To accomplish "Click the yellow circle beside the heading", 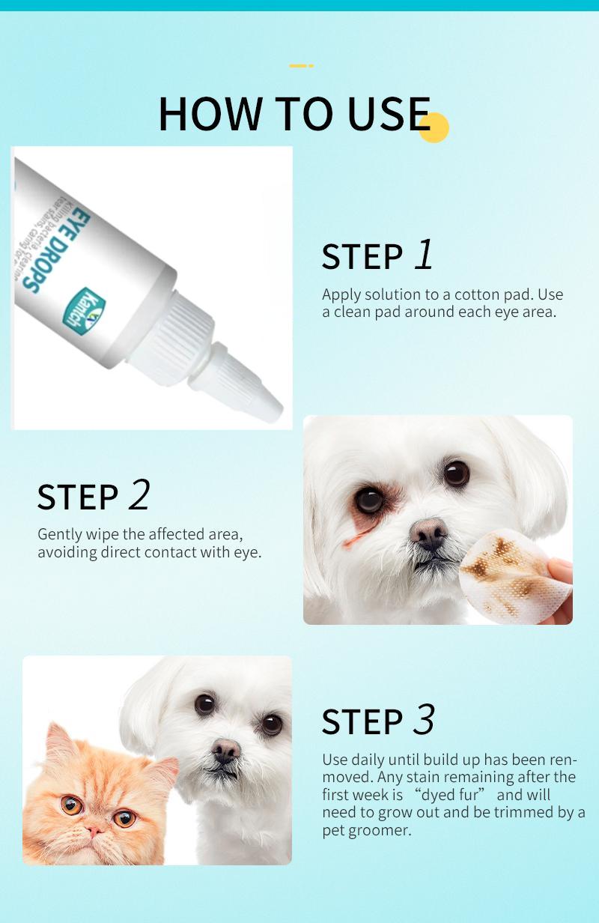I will point(434,127).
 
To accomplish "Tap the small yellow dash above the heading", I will point(301,66).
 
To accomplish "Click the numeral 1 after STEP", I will point(424,255).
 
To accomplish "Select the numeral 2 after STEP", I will point(139,495).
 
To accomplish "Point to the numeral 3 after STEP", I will point(424,720).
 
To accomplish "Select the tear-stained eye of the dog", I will point(369,499).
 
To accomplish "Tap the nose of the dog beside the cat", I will point(225,750).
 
